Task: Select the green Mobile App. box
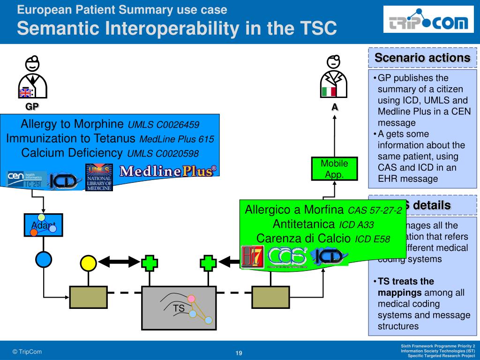tap(334, 169)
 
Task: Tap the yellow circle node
tap(89, 263)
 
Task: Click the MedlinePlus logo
tap(168, 171)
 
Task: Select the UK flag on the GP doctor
tap(25, 92)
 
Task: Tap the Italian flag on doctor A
tap(329, 91)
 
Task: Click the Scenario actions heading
tap(422, 58)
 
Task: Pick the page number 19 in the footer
tap(239, 353)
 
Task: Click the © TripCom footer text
tap(27, 352)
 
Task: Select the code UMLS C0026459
tap(163, 125)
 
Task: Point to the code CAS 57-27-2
tap(375, 210)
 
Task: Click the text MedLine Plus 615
tap(177, 139)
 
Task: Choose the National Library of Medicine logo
tap(99, 178)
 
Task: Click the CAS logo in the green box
tap(287, 256)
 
